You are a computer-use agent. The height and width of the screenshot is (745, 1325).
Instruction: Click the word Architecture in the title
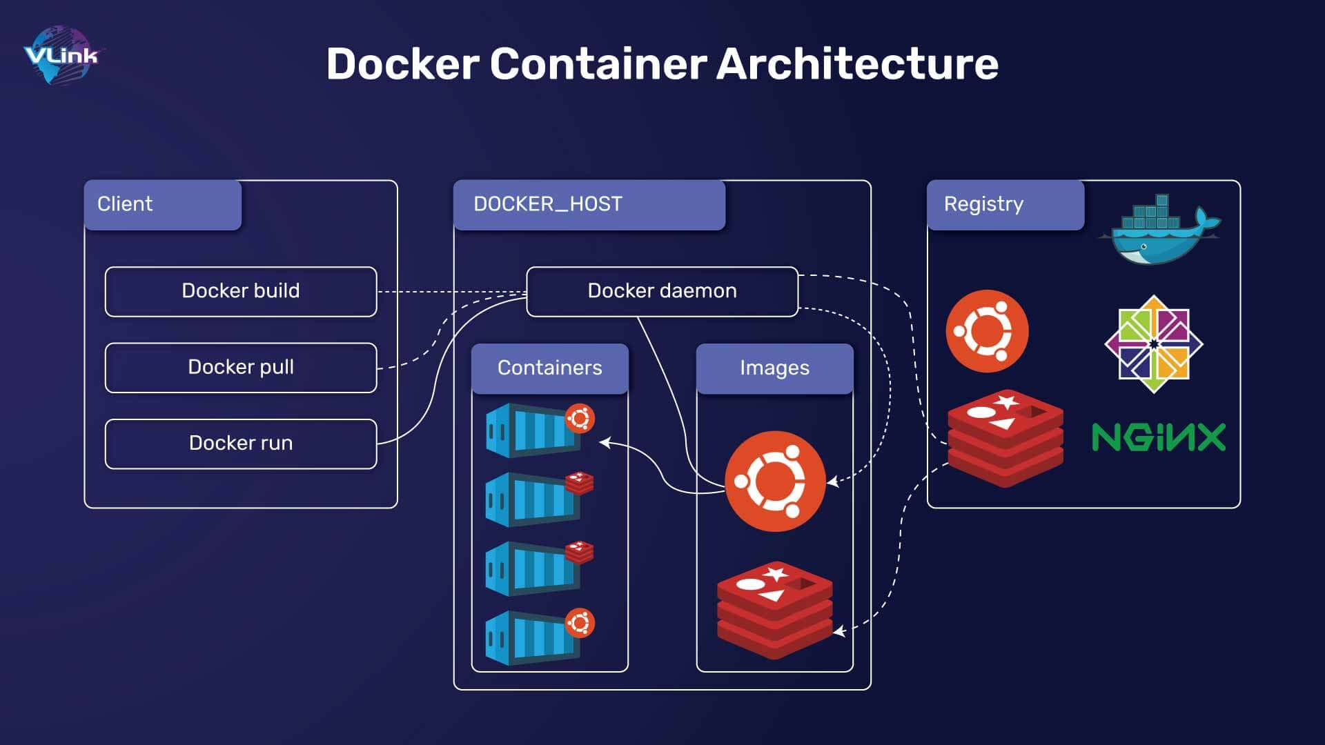(x=857, y=63)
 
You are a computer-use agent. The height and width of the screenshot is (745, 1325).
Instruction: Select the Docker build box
(x=241, y=291)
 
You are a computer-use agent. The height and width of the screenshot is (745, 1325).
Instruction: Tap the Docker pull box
(x=241, y=367)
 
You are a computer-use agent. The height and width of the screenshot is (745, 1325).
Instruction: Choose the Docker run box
(x=241, y=443)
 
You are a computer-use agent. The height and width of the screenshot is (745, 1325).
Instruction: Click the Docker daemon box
(x=662, y=291)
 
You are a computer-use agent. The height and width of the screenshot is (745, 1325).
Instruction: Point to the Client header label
(x=163, y=204)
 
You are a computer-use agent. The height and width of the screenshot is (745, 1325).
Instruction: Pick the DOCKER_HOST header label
(x=589, y=204)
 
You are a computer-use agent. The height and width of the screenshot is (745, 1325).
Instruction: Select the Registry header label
(x=1005, y=204)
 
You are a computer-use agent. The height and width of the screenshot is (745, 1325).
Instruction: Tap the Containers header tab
(x=550, y=368)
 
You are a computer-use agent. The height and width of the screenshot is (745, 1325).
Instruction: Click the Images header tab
(x=775, y=368)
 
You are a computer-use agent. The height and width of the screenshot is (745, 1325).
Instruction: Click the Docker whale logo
(x=1159, y=229)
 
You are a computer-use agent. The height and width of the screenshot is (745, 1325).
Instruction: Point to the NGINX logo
(x=1159, y=437)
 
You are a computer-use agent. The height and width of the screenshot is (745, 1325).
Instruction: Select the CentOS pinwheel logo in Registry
(x=1154, y=344)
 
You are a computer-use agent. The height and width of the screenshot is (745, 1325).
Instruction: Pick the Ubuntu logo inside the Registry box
(x=987, y=331)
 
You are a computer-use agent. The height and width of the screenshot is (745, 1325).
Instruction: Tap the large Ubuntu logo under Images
(x=775, y=481)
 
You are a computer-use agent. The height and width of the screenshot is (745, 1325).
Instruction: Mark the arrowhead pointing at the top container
(x=605, y=442)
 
